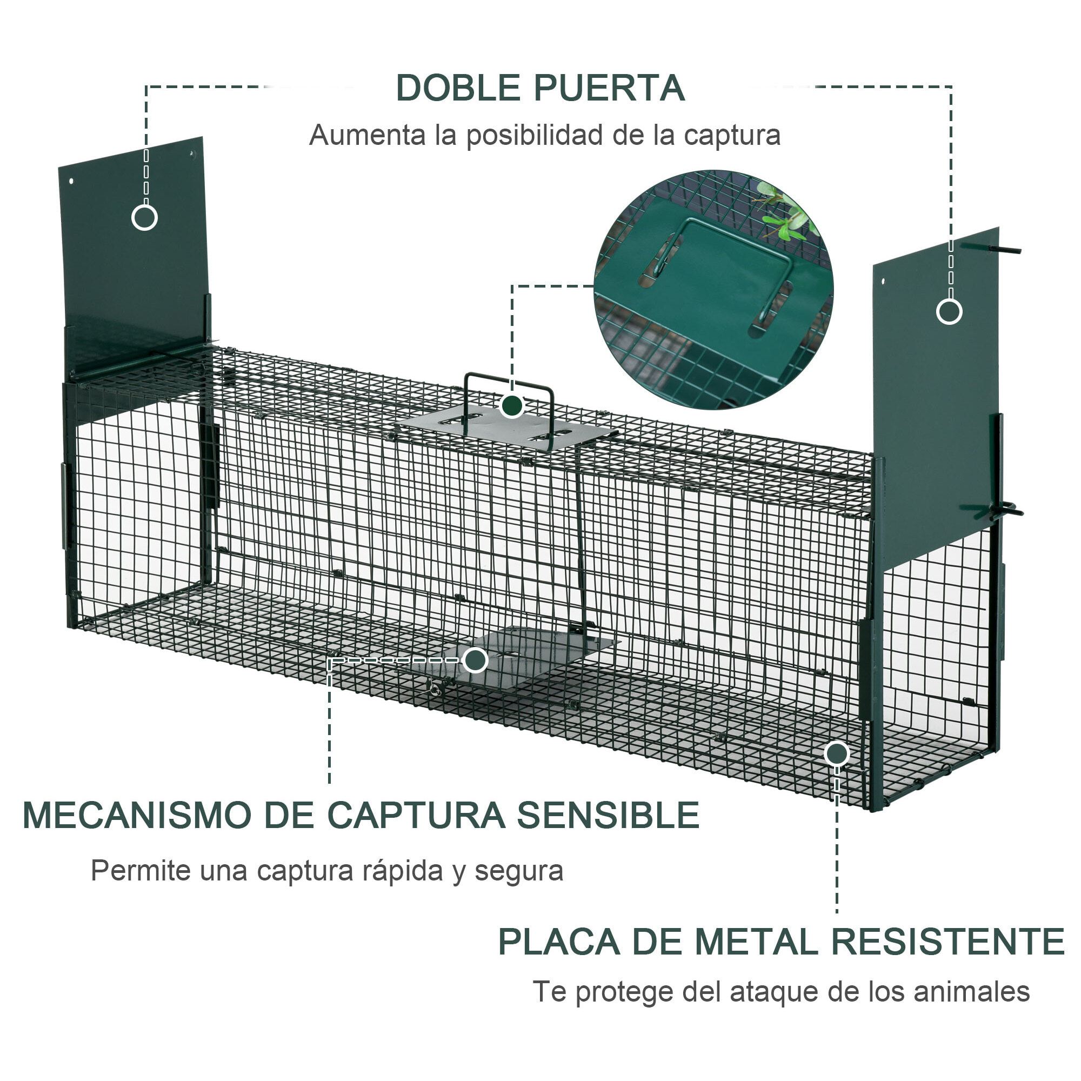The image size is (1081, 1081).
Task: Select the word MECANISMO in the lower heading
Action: click(x=137, y=815)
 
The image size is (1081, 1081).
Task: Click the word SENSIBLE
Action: click(x=608, y=815)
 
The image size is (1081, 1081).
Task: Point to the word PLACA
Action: click(x=558, y=942)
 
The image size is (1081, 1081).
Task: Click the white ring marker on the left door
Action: click(x=144, y=217)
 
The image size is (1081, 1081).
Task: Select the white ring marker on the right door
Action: click(x=949, y=311)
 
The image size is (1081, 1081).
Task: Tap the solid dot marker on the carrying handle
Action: click(x=511, y=405)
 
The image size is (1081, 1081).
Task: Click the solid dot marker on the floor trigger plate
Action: click(x=475, y=660)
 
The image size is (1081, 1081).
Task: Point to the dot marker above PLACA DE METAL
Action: click(x=837, y=753)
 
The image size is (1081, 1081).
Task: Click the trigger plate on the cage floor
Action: click(x=537, y=649)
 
